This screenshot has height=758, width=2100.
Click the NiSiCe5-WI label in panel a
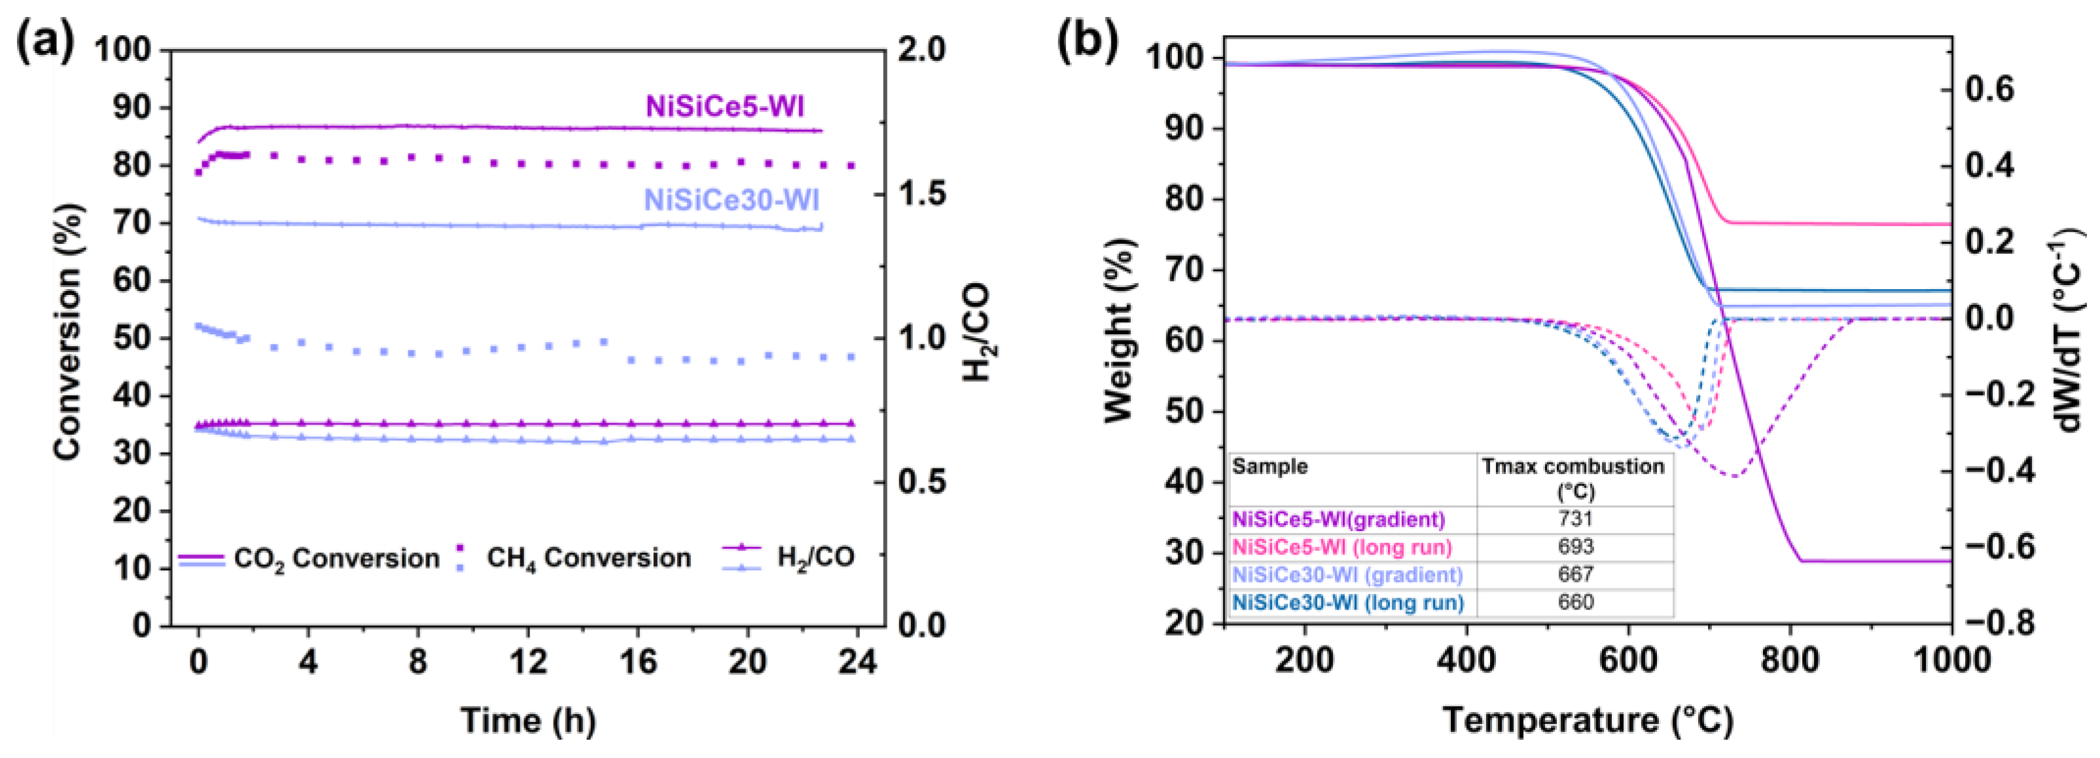point(724,107)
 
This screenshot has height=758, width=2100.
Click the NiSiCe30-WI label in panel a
point(731,201)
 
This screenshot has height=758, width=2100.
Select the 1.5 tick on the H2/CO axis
point(921,194)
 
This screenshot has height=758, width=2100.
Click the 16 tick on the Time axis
point(637,662)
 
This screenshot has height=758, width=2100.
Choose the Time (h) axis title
point(528,721)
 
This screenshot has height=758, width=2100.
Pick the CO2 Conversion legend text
point(336,559)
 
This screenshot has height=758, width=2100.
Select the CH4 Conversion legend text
point(588,559)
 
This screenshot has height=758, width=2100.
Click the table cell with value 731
point(1575,519)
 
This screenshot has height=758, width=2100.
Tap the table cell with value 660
point(1575,602)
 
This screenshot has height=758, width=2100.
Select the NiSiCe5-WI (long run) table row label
point(1342,547)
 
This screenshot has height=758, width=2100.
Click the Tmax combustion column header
point(1573,477)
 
